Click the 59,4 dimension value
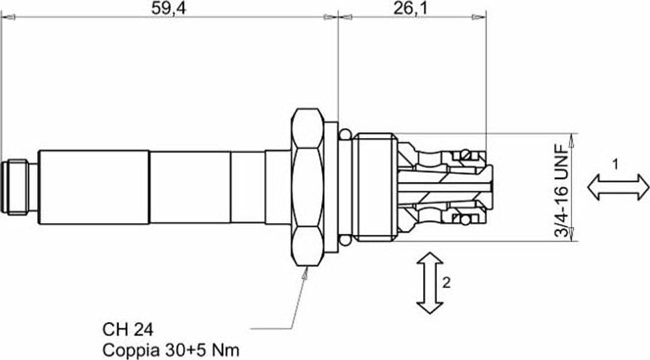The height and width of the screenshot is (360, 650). tap(168, 8)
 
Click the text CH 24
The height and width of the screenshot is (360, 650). tap(128, 330)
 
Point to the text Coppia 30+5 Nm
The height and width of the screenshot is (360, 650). tap(171, 350)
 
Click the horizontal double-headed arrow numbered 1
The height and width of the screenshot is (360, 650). tap(618, 187)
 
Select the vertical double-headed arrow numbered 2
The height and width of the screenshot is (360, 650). tap(430, 283)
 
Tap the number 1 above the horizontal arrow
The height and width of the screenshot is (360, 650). tap(615, 164)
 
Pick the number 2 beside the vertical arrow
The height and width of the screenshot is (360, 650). tap(446, 283)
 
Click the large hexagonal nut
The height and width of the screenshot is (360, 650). tap(307, 187)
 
